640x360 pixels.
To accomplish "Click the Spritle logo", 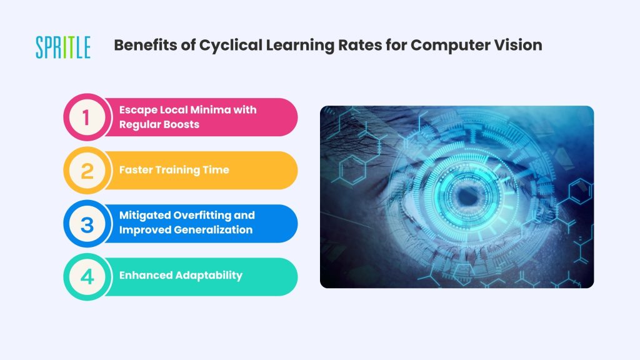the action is tap(63, 47).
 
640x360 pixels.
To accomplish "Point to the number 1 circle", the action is tap(87, 117).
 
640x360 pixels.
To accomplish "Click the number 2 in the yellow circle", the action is tap(87, 171).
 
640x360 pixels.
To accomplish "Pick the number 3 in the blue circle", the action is tap(87, 224).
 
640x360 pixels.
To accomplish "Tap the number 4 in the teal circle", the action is tap(87, 277).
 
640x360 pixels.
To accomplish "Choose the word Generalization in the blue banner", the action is tap(213, 230).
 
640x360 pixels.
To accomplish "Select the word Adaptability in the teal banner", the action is tap(204, 276).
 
